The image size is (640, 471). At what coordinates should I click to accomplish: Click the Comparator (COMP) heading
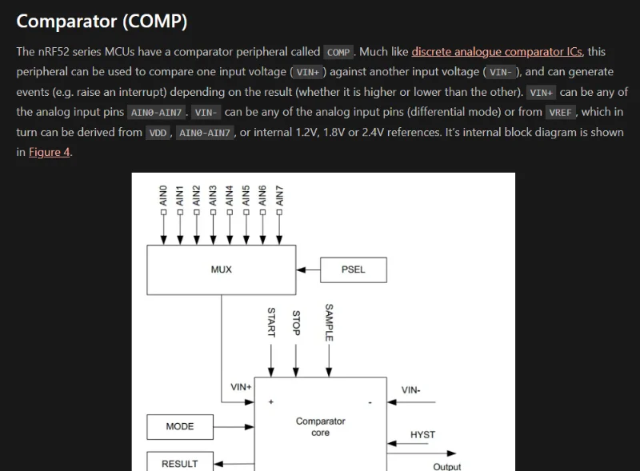(x=102, y=22)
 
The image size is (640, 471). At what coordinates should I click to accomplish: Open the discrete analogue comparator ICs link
(x=497, y=52)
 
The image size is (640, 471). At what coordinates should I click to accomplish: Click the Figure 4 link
(x=50, y=152)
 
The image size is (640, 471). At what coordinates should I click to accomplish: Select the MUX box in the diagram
(x=221, y=269)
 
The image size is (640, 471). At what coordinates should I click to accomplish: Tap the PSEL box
(x=353, y=269)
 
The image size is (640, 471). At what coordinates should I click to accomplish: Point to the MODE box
(x=180, y=426)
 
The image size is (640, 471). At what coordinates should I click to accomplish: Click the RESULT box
(x=180, y=463)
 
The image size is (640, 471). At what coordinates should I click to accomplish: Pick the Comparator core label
(x=321, y=427)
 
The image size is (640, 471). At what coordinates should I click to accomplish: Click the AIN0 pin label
(x=163, y=198)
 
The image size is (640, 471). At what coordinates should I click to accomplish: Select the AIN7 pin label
(x=279, y=198)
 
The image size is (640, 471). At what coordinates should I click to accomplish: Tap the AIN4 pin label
(x=230, y=198)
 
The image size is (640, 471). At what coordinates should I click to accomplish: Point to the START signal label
(x=271, y=322)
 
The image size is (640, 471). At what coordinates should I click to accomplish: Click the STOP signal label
(x=296, y=323)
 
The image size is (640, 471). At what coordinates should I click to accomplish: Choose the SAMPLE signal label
(x=329, y=322)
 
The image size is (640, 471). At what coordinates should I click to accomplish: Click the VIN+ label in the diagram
(x=241, y=387)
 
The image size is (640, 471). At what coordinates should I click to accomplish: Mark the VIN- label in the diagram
(x=411, y=390)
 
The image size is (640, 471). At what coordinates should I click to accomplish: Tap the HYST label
(x=422, y=435)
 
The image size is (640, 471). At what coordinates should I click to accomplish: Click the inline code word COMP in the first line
(x=338, y=52)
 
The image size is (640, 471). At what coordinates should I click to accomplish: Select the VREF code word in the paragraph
(x=560, y=113)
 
